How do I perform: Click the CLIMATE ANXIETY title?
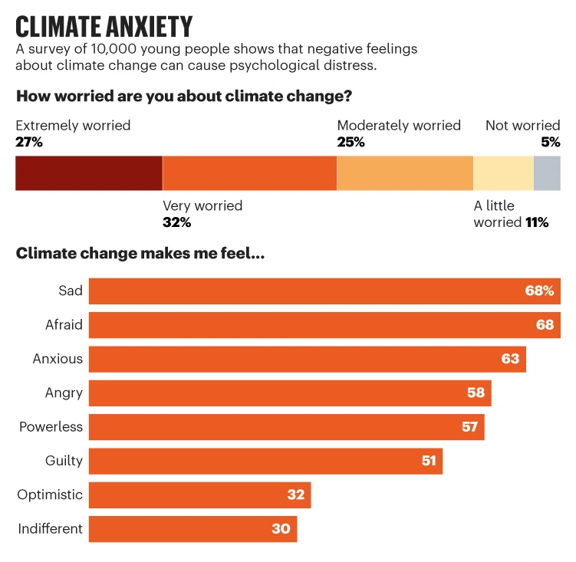(104, 26)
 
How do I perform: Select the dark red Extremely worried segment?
(89, 173)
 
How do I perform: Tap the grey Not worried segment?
(547, 173)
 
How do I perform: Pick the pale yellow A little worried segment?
(503, 173)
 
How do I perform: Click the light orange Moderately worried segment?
(405, 173)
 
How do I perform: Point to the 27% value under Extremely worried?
(29, 142)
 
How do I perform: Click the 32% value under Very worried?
(176, 222)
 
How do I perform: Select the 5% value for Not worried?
(551, 142)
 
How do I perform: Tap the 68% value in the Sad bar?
(539, 291)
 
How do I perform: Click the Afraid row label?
(64, 325)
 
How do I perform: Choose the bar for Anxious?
(307, 359)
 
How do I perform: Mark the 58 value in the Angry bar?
(476, 393)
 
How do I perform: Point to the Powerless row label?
(51, 426)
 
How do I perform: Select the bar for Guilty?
(265, 461)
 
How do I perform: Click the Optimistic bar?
(199, 495)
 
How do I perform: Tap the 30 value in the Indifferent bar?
(281, 528)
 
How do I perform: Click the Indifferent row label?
(50, 528)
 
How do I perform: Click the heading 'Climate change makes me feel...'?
(140, 254)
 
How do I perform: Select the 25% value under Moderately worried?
(351, 142)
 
